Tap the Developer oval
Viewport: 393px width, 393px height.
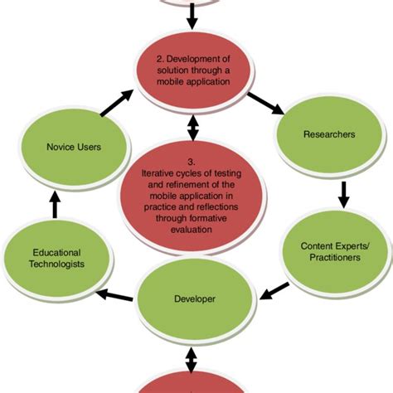(x=192, y=296)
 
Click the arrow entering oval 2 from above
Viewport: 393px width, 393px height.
(x=192, y=15)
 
